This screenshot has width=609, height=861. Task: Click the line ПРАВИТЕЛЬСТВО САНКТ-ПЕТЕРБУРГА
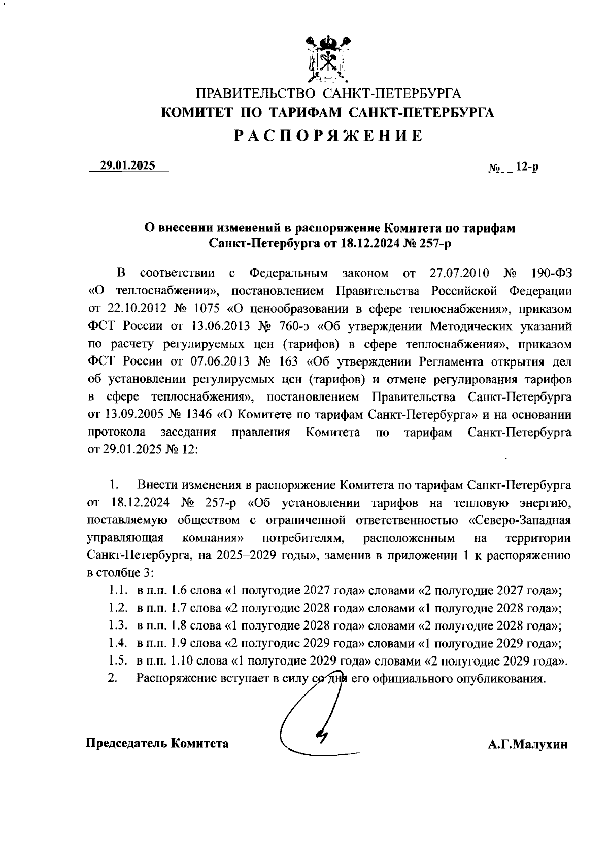pyautogui.click(x=328, y=94)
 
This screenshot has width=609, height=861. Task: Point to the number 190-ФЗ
pyautogui.click(x=551, y=274)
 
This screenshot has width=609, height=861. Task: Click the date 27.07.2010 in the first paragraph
pyautogui.click(x=459, y=274)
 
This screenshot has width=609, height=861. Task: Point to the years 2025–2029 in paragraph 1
pyautogui.click(x=246, y=555)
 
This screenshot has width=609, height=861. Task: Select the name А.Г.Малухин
pyautogui.click(x=527, y=745)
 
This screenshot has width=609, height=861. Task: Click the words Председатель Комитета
pyautogui.click(x=157, y=743)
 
